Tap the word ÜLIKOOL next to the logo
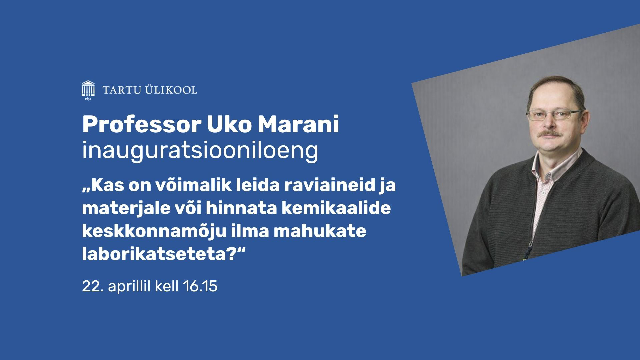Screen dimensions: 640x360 tap(171, 90)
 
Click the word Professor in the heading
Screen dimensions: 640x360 tap(142, 124)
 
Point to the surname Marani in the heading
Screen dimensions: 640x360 tap(298, 124)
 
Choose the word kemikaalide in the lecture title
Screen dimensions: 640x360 tap(336, 208)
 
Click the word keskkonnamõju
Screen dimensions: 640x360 tap(154, 231)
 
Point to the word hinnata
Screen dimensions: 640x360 tap(241, 208)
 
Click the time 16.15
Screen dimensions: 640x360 tap(200, 286)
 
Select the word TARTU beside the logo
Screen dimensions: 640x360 tap(122, 90)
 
